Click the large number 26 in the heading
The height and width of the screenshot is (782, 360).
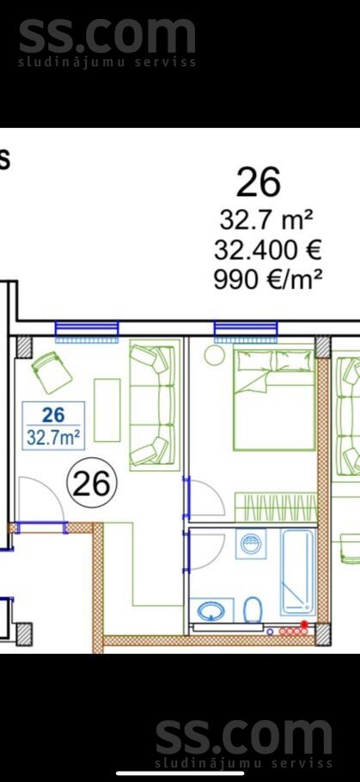(x=258, y=182)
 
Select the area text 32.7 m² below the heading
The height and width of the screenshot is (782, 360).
(x=265, y=221)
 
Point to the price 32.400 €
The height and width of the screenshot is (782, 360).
(x=267, y=250)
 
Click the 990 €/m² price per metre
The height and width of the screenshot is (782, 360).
(x=267, y=279)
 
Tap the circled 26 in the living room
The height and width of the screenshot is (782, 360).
(x=91, y=485)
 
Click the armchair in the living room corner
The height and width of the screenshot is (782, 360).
(x=51, y=372)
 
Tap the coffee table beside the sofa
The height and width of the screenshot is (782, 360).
(x=107, y=410)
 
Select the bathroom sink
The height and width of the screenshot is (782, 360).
(x=211, y=611)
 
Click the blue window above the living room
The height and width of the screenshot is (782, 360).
(x=87, y=329)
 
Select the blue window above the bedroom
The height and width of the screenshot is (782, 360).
(x=246, y=329)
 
